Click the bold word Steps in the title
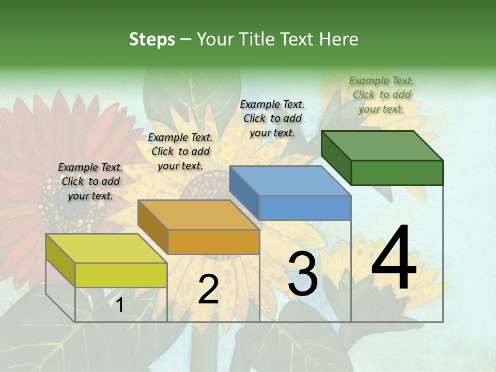(152, 39)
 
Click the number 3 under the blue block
(302, 274)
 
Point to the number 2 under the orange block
(208, 289)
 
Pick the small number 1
(120, 305)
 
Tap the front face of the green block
(397, 173)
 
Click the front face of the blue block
(305, 208)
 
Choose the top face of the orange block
(198, 215)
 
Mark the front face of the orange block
(213, 242)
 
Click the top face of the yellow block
(106, 249)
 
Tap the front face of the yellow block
(121, 275)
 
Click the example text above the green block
(381, 95)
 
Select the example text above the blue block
(272, 118)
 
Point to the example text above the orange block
(180, 151)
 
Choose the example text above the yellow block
(90, 181)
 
